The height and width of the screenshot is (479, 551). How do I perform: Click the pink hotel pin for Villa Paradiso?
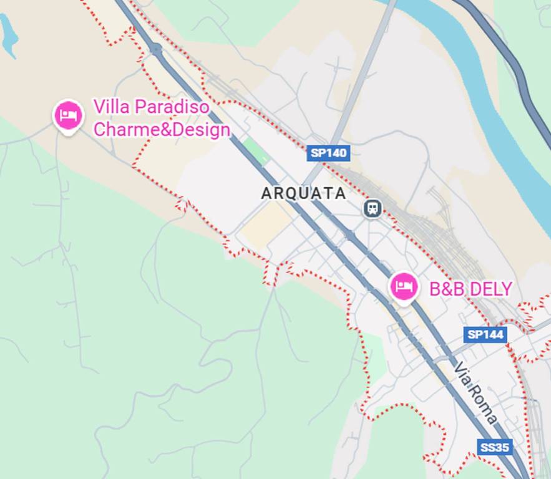pyautogui.click(x=68, y=115)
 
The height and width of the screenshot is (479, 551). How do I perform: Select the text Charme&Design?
pyautogui.click(x=162, y=130)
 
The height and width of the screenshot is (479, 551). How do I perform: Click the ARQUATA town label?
pyautogui.click(x=303, y=193)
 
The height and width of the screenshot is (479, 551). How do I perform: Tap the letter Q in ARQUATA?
pyautogui.click(x=292, y=193)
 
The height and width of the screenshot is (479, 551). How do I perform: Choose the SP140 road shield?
pyautogui.click(x=328, y=152)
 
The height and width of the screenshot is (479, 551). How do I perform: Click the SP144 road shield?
pyautogui.click(x=485, y=334)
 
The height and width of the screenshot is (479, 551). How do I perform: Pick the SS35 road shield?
pyautogui.click(x=495, y=447)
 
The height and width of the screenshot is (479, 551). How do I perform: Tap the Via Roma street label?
pyautogui.click(x=475, y=394)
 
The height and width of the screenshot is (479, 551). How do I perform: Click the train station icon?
pyautogui.click(x=373, y=208)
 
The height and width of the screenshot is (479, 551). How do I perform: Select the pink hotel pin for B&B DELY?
pyautogui.click(x=404, y=287)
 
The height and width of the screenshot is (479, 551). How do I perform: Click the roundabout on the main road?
pyautogui.click(x=155, y=49)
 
